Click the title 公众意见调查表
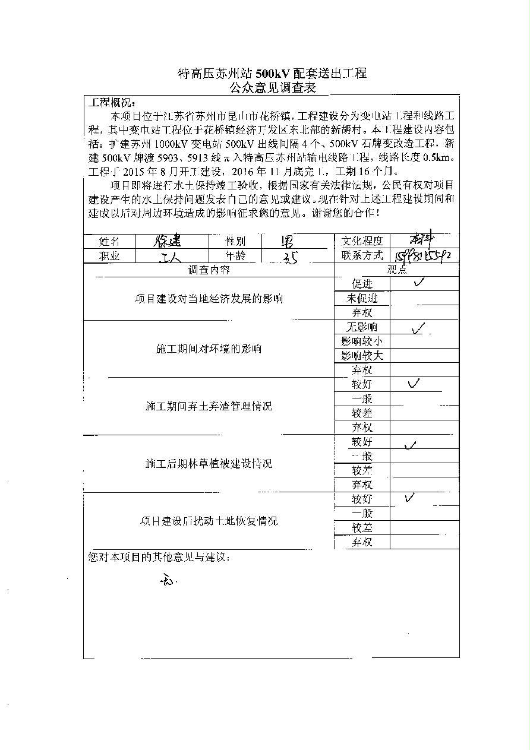272,88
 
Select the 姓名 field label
109,242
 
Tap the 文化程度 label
362,241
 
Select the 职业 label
109,256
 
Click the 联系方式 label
362,255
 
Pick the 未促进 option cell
362,298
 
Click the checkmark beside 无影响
418,327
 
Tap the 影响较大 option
362,356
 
